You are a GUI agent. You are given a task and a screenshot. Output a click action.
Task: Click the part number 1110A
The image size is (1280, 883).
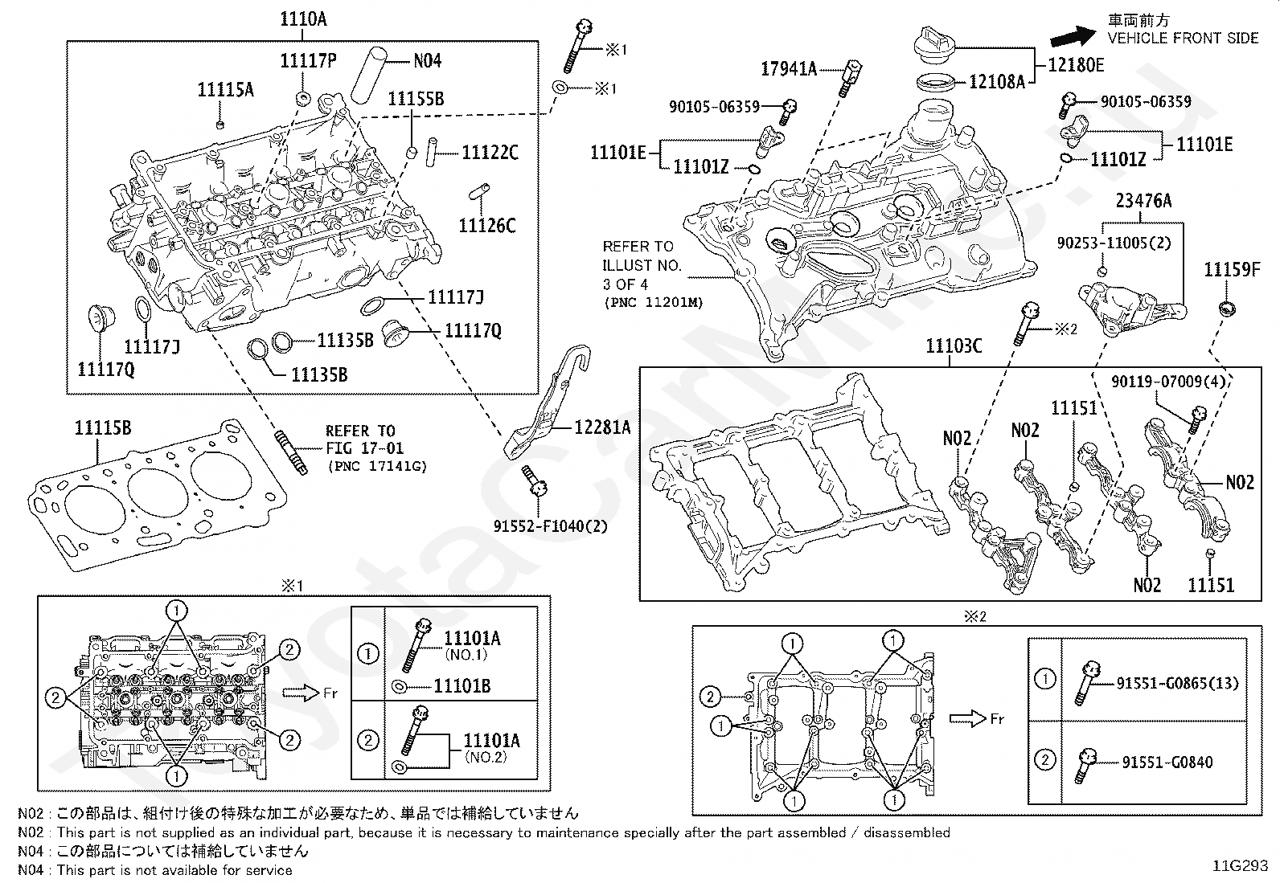[x=303, y=20]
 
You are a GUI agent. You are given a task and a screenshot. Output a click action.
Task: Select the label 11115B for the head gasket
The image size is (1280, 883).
[x=103, y=427]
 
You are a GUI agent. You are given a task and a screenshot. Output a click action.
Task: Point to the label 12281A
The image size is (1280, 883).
[x=602, y=427]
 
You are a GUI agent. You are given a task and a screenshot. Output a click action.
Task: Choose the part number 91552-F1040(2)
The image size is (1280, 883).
[x=551, y=526]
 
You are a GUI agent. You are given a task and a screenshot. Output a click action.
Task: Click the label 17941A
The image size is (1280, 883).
[x=789, y=69]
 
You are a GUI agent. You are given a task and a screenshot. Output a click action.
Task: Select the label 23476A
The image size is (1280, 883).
[x=1143, y=201]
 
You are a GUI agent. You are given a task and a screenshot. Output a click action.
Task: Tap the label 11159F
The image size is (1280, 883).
[x=1231, y=269]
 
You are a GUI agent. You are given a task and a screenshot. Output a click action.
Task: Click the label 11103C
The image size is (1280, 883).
[x=954, y=346]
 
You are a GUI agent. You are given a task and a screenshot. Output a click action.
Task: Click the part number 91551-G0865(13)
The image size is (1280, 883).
[x=1177, y=683]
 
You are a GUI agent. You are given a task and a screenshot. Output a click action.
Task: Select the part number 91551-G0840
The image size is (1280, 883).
[x=1164, y=762]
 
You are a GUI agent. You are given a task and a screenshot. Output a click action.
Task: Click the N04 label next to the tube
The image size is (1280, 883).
[x=427, y=60]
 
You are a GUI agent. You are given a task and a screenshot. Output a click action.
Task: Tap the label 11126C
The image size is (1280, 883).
[x=487, y=226]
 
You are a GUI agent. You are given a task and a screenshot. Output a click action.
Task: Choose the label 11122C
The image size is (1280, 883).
[x=490, y=152]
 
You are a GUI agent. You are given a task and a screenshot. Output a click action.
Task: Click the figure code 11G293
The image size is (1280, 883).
[x=1241, y=865]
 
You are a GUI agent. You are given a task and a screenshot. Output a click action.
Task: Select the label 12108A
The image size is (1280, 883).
[x=997, y=81]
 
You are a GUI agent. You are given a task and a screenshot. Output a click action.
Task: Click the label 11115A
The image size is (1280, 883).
[x=225, y=90]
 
